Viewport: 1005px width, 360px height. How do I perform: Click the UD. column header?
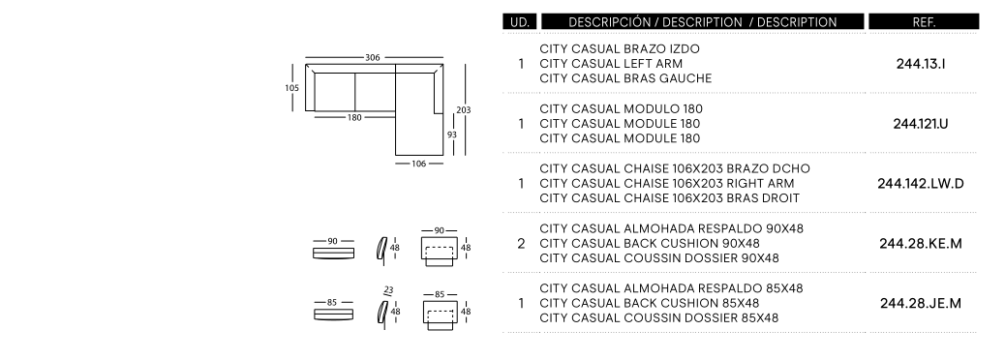[520, 22]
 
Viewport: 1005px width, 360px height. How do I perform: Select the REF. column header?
[924, 22]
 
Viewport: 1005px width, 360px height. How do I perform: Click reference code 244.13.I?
[921, 64]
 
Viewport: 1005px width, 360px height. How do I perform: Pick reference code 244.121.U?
[921, 124]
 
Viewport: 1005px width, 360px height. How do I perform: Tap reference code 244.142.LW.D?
[921, 184]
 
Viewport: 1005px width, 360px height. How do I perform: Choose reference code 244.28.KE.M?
[921, 244]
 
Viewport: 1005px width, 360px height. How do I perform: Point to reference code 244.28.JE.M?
[921, 304]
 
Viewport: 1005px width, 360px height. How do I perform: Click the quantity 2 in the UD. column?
[521, 244]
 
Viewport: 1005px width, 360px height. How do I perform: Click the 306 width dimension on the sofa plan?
[373, 58]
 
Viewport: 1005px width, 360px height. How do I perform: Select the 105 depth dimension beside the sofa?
[291, 88]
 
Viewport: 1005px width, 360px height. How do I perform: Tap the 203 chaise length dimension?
[464, 110]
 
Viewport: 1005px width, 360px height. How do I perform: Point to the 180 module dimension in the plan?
[354, 117]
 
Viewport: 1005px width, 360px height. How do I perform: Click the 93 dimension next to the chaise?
[452, 135]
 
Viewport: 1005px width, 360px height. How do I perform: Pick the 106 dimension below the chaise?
[418, 164]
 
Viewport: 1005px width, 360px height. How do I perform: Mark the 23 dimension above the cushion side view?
[388, 290]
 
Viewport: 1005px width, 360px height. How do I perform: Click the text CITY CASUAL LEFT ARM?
[611, 64]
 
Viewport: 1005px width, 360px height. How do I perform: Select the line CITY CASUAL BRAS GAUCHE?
[625, 78]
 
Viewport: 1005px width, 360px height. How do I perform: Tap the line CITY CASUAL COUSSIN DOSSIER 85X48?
[659, 317]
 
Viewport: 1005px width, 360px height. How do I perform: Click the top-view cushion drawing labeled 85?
[333, 314]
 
